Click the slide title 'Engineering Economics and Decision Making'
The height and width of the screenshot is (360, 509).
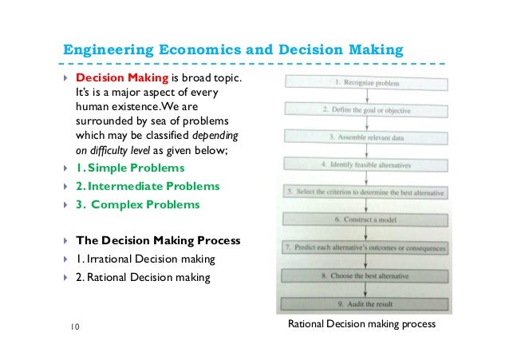233,51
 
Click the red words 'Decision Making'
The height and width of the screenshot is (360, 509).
121,79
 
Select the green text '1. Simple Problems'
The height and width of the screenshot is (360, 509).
130,168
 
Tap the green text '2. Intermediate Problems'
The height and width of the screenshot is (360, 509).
148,186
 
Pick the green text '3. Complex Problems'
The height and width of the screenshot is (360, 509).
138,204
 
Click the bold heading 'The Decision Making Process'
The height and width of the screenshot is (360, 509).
158,240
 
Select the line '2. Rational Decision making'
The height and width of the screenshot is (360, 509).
143,278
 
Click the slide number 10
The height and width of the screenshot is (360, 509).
74,326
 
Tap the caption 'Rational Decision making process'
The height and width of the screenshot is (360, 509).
361,326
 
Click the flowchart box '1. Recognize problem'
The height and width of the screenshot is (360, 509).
366,82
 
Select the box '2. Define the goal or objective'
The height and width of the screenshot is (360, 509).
366,109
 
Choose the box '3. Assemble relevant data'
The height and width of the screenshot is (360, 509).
366,137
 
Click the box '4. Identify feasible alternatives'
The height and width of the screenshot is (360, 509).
366,165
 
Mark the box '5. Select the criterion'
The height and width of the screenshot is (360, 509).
366,193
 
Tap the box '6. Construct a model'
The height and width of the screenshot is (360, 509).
366,220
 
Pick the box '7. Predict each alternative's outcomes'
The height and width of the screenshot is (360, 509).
366,247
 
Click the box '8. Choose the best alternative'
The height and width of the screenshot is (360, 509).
366,275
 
